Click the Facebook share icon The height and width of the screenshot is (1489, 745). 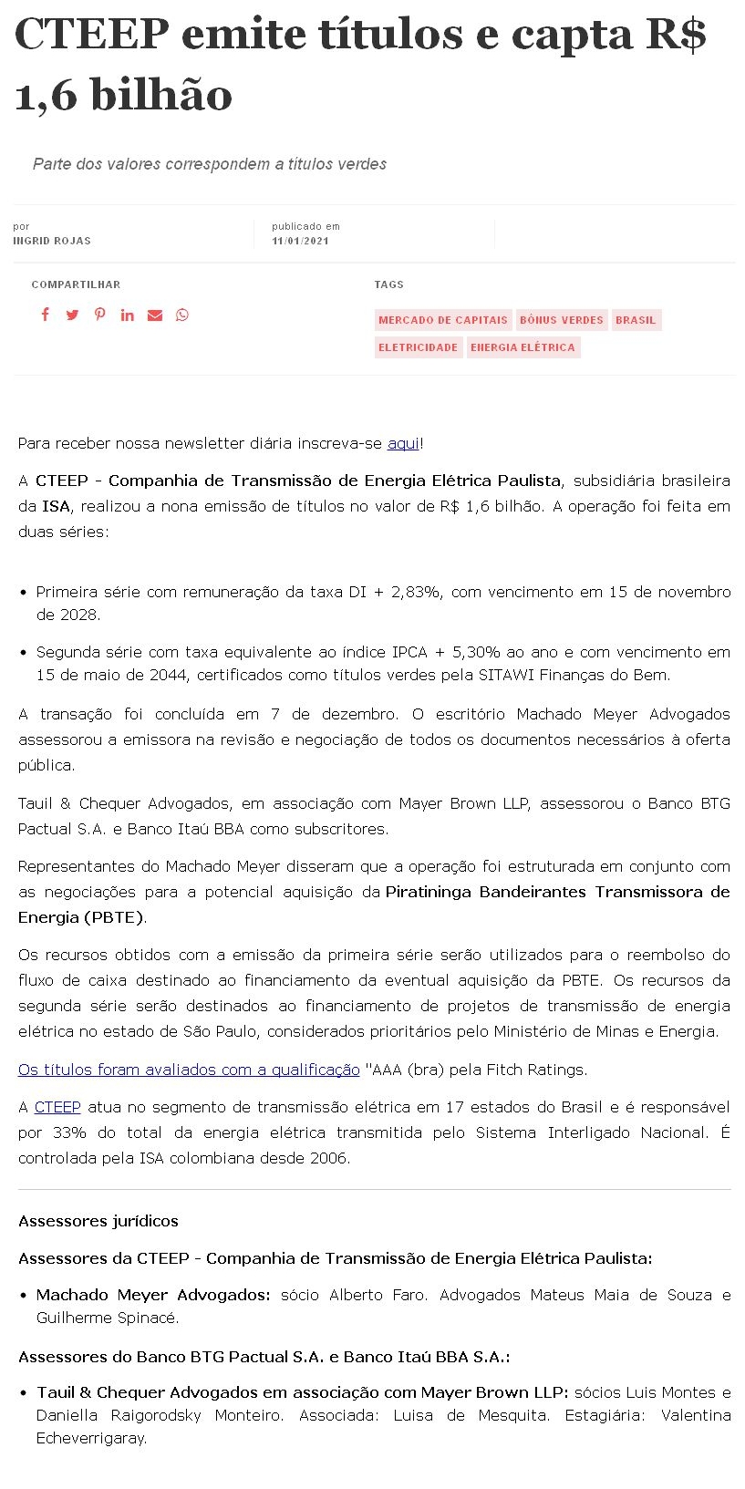(45, 315)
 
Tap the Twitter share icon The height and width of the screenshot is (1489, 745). (72, 315)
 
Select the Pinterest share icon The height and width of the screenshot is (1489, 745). (99, 315)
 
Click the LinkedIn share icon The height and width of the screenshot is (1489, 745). (127, 315)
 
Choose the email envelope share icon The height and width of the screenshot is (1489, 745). (155, 315)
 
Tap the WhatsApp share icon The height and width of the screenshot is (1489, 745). (182, 315)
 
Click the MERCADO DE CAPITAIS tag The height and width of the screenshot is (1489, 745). (442, 320)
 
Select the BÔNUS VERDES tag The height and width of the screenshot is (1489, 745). (561, 320)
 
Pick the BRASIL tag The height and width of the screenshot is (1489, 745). (636, 320)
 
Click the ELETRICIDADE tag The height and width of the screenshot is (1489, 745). (418, 347)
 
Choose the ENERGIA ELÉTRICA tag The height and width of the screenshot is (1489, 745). (523, 347)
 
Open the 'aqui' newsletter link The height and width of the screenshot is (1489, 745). (403, 443)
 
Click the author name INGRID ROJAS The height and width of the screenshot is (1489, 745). (52, 241)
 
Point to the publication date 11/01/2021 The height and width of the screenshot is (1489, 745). (300, 241)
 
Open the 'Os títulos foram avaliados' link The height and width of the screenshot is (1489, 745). (189, 1070)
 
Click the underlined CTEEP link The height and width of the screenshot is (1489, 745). (57, 1107)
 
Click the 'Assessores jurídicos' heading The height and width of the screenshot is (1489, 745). (98, 1221)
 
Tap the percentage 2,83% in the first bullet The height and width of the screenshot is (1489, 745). (417, 592)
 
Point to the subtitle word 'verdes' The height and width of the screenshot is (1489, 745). (362, 164)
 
